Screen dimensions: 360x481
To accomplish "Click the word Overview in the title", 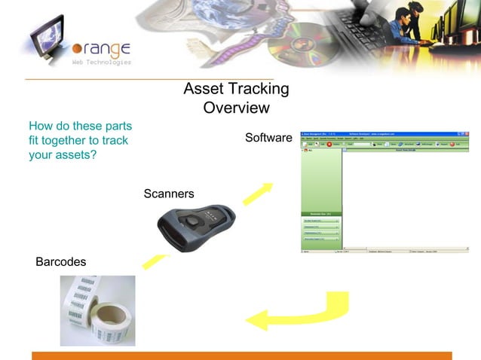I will [236, 108].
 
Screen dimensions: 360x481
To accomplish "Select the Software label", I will [268, 139].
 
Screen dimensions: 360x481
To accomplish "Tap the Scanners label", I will [169, 194].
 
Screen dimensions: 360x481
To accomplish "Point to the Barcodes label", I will [61, 262].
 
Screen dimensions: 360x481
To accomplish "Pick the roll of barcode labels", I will [97, 309].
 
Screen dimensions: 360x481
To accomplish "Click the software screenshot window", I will [384, 192].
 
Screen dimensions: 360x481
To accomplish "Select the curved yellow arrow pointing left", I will [302, 313].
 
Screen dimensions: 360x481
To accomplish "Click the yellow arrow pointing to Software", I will [258, 193].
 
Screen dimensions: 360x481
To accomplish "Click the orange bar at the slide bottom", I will [241, 355].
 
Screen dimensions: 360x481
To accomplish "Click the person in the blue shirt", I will [392, 26].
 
